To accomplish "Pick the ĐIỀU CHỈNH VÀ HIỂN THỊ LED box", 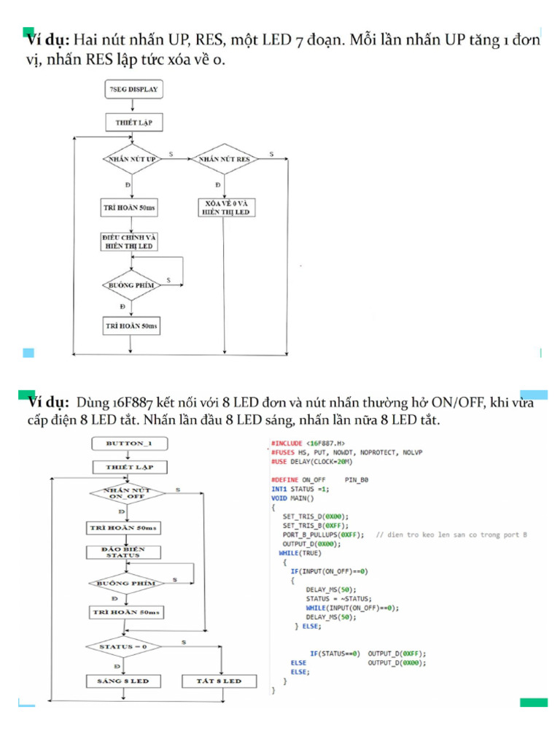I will click(131, 242).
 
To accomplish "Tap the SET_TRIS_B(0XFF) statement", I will click(316, 525).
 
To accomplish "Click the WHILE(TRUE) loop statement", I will click(300, 552).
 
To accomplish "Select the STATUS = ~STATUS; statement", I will click(338, 598).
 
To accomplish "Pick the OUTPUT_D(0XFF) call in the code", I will click(397, 654).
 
